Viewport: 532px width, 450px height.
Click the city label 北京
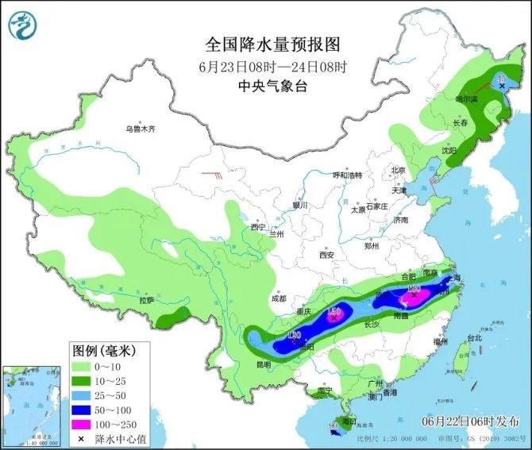click(x=398, y=171)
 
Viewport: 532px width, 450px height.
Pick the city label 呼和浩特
click(x=347, y=175)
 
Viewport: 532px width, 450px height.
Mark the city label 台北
click(x=474, y=338)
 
